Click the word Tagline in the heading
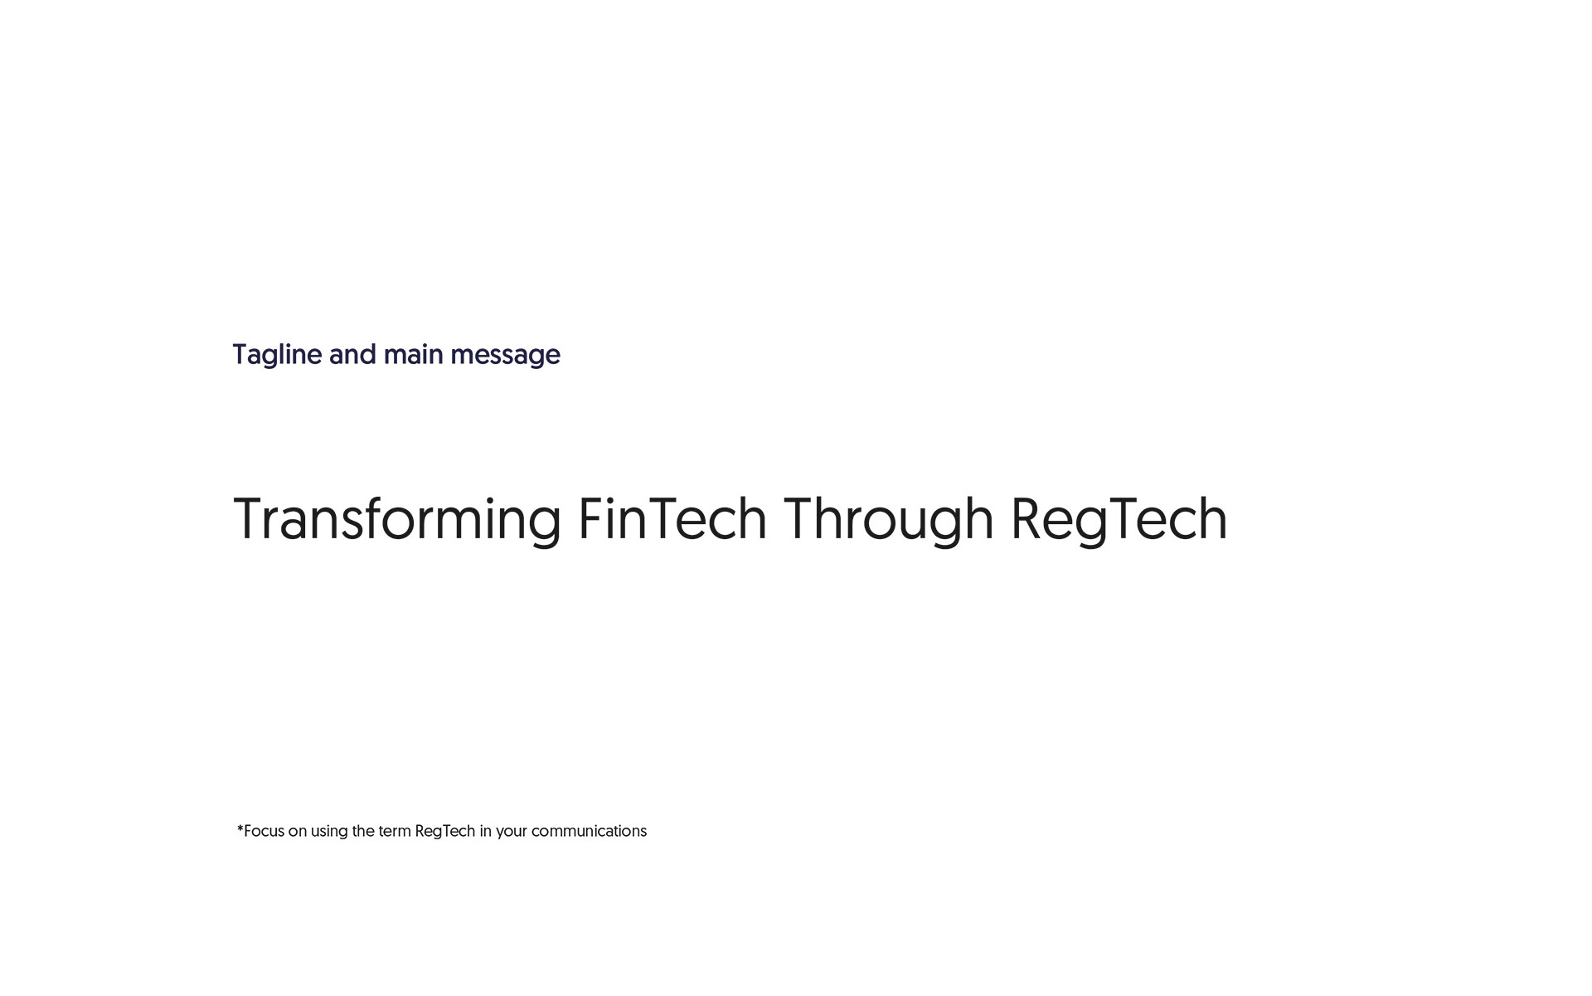(x=277, y=356)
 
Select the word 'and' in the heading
(x=352, y=354)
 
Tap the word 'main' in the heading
(x=413, y=354)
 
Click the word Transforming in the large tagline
(x=397, y=521)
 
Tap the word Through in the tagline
(x=888, y=521)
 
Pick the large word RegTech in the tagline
(x=1119, y=521)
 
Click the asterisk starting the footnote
(x=240, y=828)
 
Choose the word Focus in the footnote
(x=264, y=831)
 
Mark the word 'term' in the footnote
(x=395, y=831)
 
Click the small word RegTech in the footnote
(x=445, y=832)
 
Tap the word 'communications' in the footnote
(x=589, y=831)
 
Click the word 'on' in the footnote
(x=298, y=832)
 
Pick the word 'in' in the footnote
(x=486, y=831)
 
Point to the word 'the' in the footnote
(x=363, y=831)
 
